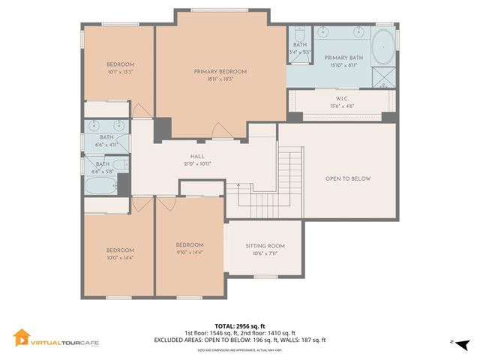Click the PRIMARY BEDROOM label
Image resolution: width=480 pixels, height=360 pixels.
click(220, 71)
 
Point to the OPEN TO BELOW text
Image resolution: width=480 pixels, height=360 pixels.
click(348, 178)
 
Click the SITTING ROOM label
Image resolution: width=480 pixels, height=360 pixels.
click(265, 246)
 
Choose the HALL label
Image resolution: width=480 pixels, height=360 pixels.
click(197, 156)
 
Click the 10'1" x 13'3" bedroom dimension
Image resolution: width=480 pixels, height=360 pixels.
click(120, 73)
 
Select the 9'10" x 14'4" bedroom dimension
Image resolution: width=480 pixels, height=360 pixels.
click(190, 252)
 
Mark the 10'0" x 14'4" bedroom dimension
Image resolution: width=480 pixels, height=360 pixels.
click(120, 257)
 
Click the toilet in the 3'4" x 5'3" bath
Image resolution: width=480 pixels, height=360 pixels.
click(299, 34)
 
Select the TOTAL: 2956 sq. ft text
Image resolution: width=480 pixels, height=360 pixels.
click(240, 325)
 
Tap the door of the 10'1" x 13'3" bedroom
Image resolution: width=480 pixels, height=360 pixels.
click(139, 109)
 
